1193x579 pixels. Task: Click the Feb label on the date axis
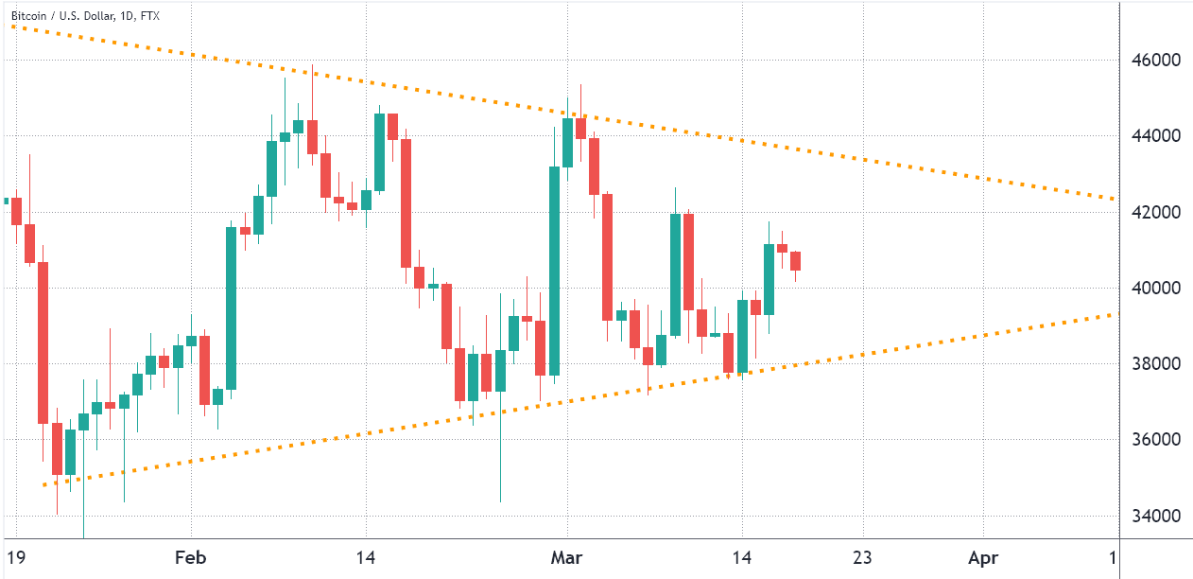tap(192, 557)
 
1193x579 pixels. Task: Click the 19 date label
tap(15, 557)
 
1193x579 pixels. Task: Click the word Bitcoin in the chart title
tap(29, 16)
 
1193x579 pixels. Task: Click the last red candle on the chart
tap(796, 261)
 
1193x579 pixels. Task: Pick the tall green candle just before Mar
tap(554, 271)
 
